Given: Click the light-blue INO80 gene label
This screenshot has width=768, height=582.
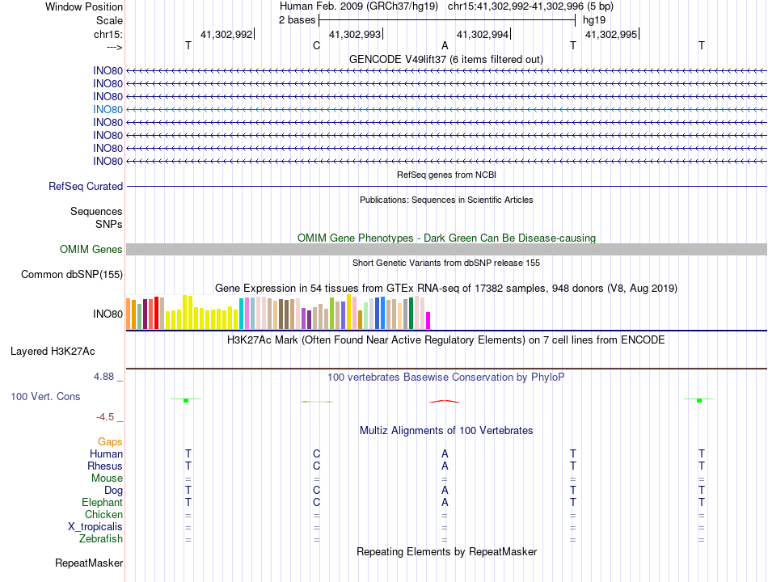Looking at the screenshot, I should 108,109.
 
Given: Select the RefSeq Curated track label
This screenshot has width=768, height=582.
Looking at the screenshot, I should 86,187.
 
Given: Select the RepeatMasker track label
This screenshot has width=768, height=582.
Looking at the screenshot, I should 89,563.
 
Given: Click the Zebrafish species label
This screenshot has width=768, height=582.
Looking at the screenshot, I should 101,539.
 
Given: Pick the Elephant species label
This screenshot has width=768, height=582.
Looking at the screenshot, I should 102,503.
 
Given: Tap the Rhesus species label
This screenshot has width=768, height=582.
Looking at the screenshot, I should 105,466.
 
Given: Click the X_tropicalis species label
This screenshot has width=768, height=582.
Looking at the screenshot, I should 95,527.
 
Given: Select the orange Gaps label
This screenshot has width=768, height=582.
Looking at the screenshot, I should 110,442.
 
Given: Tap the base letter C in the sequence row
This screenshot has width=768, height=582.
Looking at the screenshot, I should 316,46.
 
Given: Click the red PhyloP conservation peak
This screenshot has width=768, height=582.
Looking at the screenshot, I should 445,401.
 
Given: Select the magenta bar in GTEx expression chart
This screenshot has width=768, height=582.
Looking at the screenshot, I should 428,320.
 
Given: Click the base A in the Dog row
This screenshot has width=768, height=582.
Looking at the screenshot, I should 445,491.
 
